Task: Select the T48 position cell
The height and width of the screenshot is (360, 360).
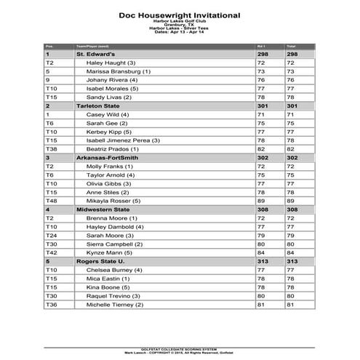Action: (51, 201)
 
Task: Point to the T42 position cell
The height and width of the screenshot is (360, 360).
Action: (51, 252)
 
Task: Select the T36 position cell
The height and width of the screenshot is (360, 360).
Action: (51, 305)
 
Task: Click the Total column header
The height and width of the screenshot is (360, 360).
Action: (292, 45)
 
